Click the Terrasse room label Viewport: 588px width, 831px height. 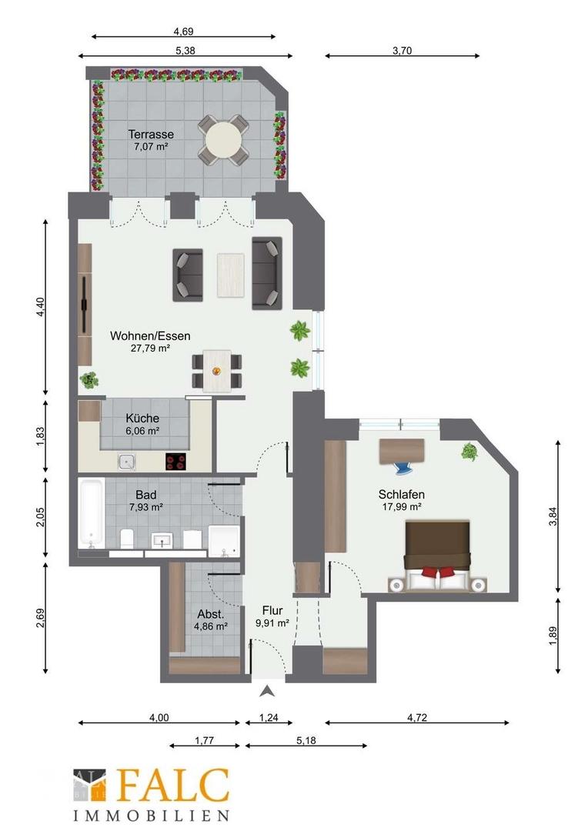tap(151, 135)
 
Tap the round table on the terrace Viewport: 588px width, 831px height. tap(224, 139)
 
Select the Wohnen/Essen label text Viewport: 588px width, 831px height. tap(150, 335)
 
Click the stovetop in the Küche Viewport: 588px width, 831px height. tap(175, 462)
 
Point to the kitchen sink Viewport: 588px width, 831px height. tap(127, 462)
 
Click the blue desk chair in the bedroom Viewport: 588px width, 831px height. tap(406, 468)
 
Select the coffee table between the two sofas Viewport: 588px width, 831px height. tap(231, 275)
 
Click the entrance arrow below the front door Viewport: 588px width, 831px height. tap(269, 690)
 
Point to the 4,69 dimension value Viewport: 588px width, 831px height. tap(183, 32)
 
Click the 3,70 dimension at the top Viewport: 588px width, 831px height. tap(403, 51)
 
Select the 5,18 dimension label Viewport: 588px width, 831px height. tap(306, 740)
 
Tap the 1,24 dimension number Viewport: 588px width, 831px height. tap(269, 718)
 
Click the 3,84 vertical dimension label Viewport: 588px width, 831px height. tap(553, 517)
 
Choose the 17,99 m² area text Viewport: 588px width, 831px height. tap(402, 506)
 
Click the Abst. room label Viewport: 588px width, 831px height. tap(210, 614)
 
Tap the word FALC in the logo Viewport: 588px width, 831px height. tap(173, 786)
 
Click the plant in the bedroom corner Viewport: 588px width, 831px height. tap(469, 452)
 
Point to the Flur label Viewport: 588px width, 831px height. tap(272, 610)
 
